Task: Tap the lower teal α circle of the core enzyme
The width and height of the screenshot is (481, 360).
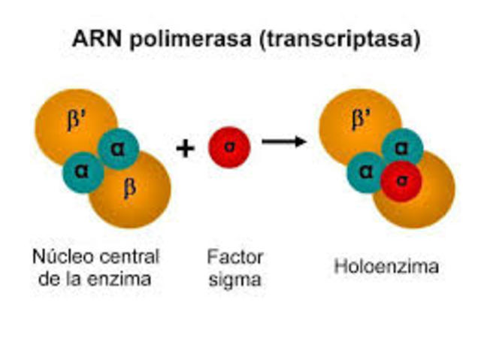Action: (83, 171)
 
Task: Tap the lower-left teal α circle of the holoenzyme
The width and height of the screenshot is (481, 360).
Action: (367, 172)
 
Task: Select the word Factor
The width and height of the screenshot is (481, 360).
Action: (234, 257)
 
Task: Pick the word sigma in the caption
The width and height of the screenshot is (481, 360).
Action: (235, 280)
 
